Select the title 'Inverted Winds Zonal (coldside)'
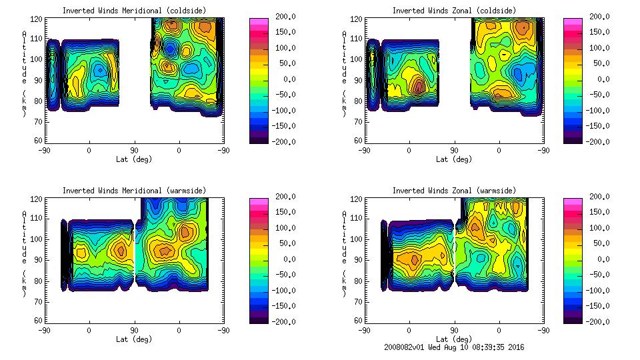454,11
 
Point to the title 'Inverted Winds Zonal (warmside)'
454,191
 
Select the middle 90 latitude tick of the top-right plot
454,151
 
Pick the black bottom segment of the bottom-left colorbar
259,319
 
